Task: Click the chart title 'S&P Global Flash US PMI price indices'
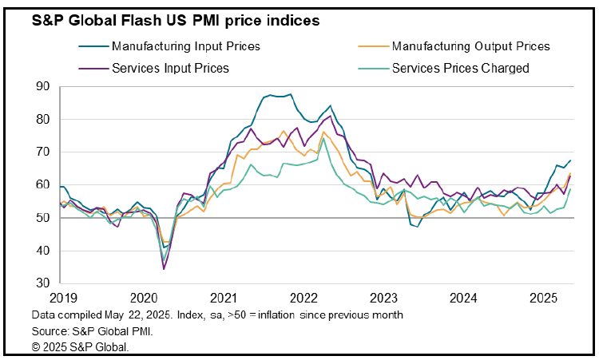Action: pos(176,20)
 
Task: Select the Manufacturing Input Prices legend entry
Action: pos(169,46)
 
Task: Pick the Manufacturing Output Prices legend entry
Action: pos(454,46)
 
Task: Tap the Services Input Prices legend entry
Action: pos(153,69)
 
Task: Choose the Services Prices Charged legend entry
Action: pos(443,69)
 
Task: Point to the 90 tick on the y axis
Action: pos(43,86)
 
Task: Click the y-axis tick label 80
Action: pos(43,119)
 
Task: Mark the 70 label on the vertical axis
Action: pos(43,152)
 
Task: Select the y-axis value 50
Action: pos(43,218)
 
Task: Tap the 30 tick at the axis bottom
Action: pos(43,283)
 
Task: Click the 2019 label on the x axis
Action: pos(63,298)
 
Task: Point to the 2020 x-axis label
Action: pos(144,298)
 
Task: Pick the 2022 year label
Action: pos(303,298)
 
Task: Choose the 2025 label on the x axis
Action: pos(544,298)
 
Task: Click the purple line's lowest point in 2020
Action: pos(164,269)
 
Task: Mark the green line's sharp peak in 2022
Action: pos(323,138)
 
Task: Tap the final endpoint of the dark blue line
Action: pos(570,160)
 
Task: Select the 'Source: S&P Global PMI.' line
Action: pos(92,331)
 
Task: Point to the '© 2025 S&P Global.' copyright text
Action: pos(80,347)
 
